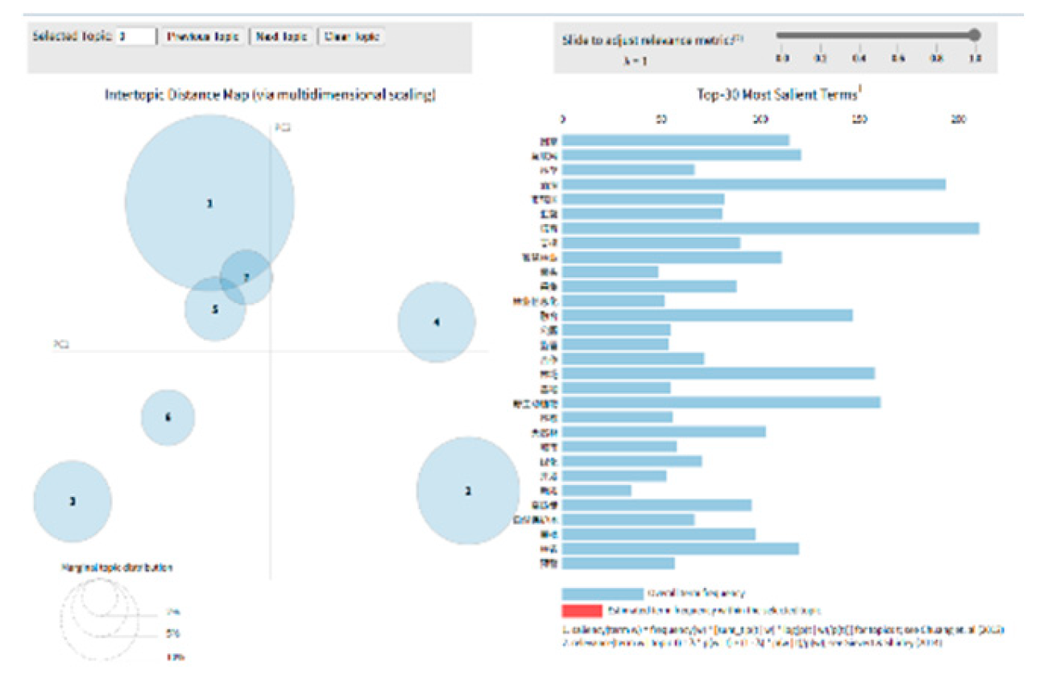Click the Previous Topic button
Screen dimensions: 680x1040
pyautogui.click(x=203, y=37)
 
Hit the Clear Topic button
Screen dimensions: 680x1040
pyautogui.click(x=352, y=37)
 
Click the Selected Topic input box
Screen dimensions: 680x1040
pyautogui.click(x=136, y=37)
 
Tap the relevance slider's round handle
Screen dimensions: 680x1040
pyautogui.click(x=975, y=35)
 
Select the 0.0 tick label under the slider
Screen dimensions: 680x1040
pyautogui.click(x=781, y=58)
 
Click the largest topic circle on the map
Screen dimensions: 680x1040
pyautogui.click(x=209, y=204)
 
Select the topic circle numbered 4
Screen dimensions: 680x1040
pyautogui.click(x=436, y=322)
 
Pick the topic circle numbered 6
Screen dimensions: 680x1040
pyautogui.click(x=168, y=417)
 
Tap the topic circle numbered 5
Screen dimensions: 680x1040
pyautogui.click(x=214, y=309)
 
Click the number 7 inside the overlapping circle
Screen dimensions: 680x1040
pyautogui.click(x=247, y=277)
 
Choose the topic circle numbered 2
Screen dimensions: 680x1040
pyautogui.click(x=467, y=491)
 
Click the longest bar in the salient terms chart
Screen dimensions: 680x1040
pyautogui.click(x=770, y=229)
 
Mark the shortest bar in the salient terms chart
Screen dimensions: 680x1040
pyautogui.click(x=596, y=491)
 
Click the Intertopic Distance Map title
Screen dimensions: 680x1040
pyautogui.click(x=271, y=95)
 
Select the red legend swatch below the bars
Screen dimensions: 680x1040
pyautogui.click(x=582, y=611)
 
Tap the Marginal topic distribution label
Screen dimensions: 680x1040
pyautogui.click(x=118, y=567)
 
